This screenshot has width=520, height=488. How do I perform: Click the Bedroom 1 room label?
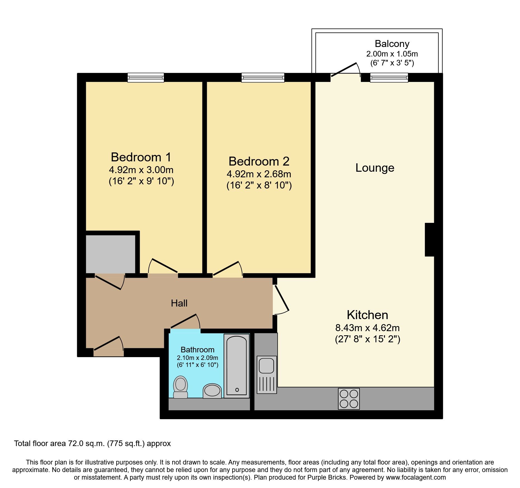pos(141,157)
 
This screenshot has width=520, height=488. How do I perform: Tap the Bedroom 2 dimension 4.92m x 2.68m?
pos(259,174)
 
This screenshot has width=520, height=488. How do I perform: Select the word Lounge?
pos(375,168)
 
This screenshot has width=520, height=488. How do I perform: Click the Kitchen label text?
pos(367,315)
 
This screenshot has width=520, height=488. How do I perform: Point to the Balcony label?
pos(392,44)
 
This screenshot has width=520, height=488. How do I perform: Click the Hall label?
pos(179,303)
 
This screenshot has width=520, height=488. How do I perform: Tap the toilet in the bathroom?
pos(180,387)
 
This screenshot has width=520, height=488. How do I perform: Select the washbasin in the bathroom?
pos(212,391)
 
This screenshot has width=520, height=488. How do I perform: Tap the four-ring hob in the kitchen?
pos(349,399)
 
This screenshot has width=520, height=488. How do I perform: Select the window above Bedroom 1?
pos(146,77)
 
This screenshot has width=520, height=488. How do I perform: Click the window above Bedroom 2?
pos(263,77)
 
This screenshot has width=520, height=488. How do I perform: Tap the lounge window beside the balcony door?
pos(389,77)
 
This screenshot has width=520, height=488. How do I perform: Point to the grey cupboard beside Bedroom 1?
pos(110,254)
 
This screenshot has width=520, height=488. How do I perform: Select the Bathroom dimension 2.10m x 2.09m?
pos(197,358)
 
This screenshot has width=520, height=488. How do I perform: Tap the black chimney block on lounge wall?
pos(430,239)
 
